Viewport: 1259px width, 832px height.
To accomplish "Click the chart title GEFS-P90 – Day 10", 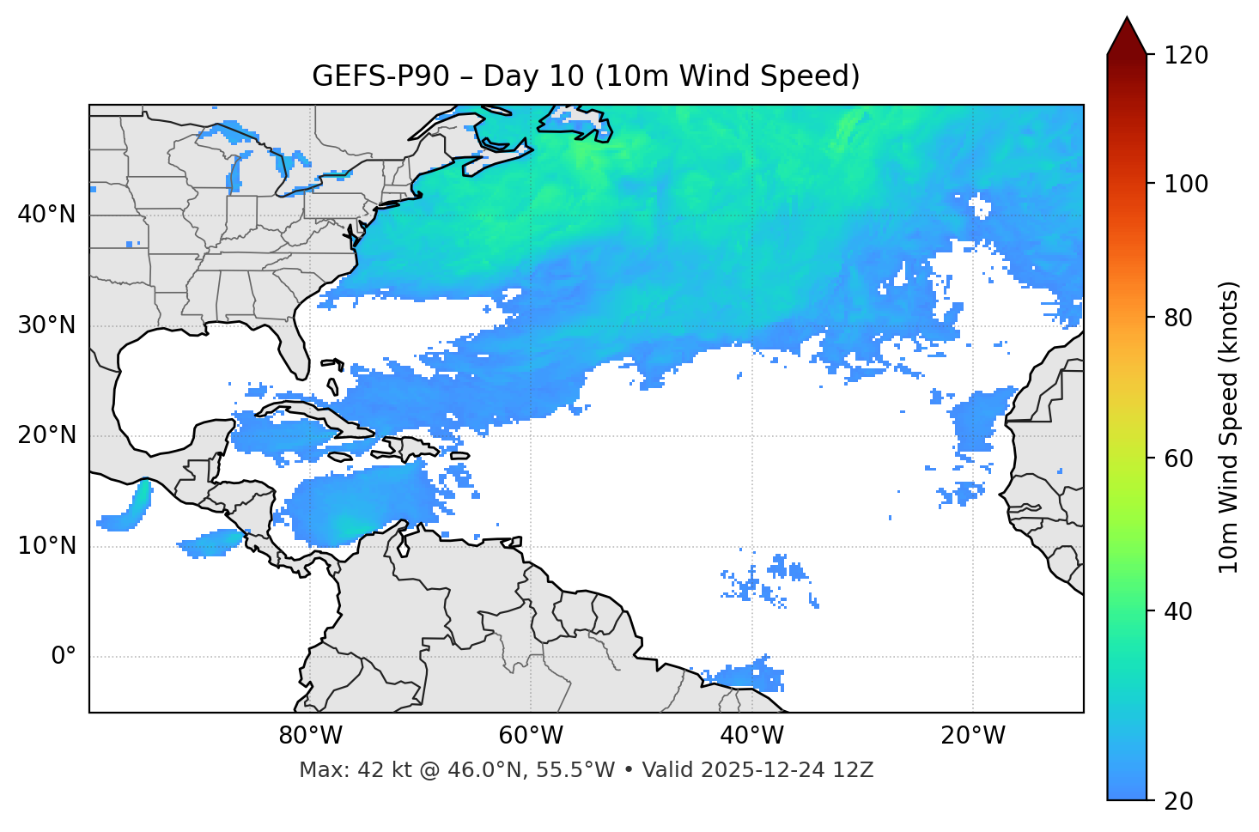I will [x=586, y=76].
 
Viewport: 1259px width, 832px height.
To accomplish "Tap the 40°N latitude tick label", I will [x=46, y=215].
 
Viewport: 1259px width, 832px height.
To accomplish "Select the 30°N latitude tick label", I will [x=46, y=325].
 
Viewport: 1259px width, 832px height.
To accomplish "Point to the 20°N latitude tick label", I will [x=46, y=435].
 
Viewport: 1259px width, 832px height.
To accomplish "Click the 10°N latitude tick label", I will [x=46, y=546].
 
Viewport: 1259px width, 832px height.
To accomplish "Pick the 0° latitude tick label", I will [x=64, y=657].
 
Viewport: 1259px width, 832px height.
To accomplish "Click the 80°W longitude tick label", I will [x=310, y=736].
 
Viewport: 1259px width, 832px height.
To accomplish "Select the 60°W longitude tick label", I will [x=531, y=736].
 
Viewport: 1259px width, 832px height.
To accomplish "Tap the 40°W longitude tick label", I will [x=752, y=736].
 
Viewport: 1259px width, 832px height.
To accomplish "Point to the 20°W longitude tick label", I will [x=973, y=736].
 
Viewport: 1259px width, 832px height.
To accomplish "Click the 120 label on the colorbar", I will [x=1186, y=56].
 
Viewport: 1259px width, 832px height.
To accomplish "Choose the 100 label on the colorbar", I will [x=1186, y=184].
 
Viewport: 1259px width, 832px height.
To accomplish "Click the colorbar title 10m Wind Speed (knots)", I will [x=1229, y=427].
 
